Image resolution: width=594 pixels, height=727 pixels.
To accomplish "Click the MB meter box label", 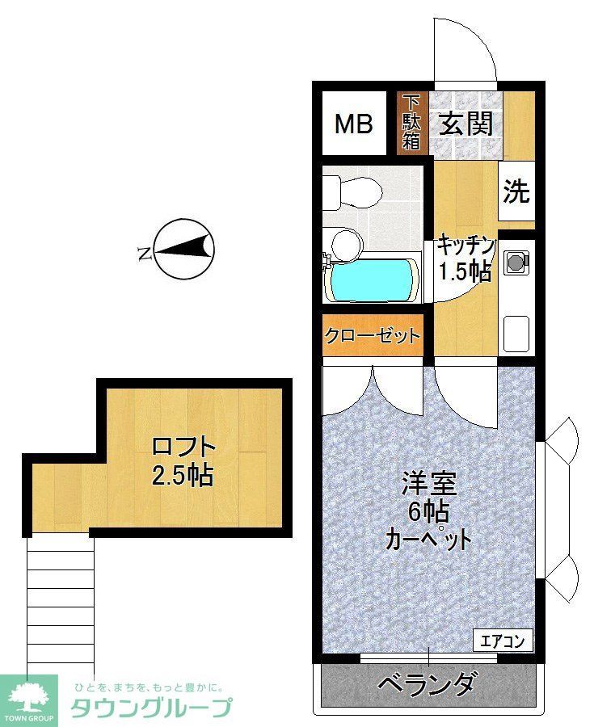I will tap(354, 124).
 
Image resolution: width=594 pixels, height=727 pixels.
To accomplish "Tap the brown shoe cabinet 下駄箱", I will tap(412, 124).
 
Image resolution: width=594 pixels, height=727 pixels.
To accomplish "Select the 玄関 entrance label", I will tap(466, 124).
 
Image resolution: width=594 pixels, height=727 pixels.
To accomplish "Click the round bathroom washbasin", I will tap(348, 243).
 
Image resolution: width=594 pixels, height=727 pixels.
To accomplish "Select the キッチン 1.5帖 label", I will tap(465, 258).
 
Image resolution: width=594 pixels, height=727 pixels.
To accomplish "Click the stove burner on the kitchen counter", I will tap(516, 261).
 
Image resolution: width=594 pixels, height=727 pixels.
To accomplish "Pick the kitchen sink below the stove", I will tap(516, 330).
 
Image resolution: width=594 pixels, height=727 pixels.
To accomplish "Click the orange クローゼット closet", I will tap(373, 335).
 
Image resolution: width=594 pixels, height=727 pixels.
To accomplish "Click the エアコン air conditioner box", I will tap(503, 641).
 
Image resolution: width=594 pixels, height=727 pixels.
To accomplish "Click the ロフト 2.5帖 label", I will tap(183, 460).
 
